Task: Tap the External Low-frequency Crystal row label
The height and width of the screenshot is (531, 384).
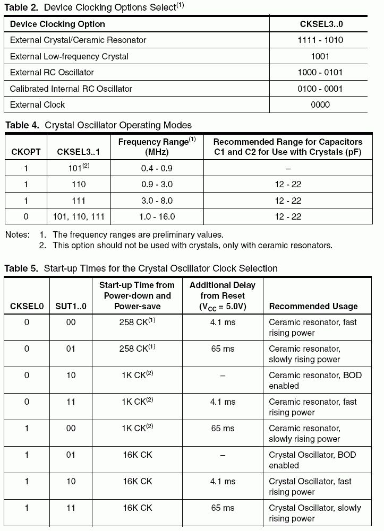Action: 69,56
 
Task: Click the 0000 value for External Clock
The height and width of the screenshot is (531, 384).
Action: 320,105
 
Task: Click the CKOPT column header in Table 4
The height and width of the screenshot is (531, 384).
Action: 26,152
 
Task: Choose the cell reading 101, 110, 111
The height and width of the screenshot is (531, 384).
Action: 79,216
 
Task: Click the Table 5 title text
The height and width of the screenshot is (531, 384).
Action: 141,268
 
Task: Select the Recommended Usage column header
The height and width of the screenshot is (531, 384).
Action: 313,306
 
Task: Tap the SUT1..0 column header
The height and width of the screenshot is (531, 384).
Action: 71,306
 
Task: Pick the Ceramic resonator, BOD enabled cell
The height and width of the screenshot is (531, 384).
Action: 315,380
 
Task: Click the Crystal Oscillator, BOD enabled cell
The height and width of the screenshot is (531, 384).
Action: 312,460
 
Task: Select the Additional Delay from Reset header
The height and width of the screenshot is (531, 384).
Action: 222,295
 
